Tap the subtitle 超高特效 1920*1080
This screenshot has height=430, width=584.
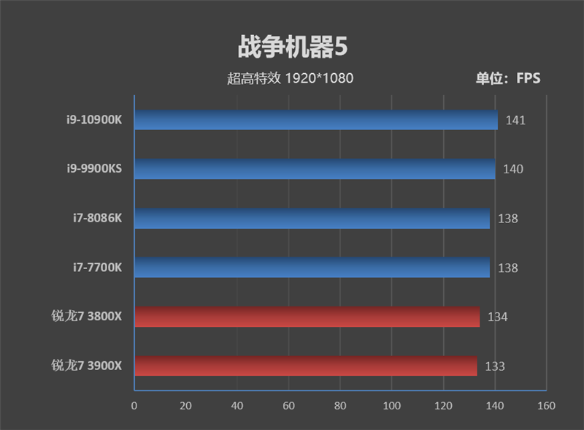tap(290, 78)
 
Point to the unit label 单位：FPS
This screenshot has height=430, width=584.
tap(508, 78)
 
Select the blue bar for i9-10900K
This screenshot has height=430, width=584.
tap(315, 120)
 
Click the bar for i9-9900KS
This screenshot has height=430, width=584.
tap(315, 169)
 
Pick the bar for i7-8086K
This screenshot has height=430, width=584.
tap(312, 218)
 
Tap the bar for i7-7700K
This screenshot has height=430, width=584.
tap(312, 268)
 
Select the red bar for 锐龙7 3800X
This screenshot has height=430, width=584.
tap(307, 317)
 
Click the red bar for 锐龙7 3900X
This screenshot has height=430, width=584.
tap(305, 366)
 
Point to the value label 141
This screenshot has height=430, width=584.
tap(515, 120)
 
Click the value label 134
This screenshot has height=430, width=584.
tap(497, 317)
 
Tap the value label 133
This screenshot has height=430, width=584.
tap(494, 366)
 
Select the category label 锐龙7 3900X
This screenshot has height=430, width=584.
tap(87, 366)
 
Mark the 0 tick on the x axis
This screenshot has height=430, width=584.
tap(134, 406)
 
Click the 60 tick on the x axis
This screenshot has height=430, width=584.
tap(288, 406)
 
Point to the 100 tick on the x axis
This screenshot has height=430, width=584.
tap(391, 406)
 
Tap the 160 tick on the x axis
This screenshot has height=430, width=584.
tap(546, 406)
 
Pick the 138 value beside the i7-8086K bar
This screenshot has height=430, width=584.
tap(507, 218)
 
